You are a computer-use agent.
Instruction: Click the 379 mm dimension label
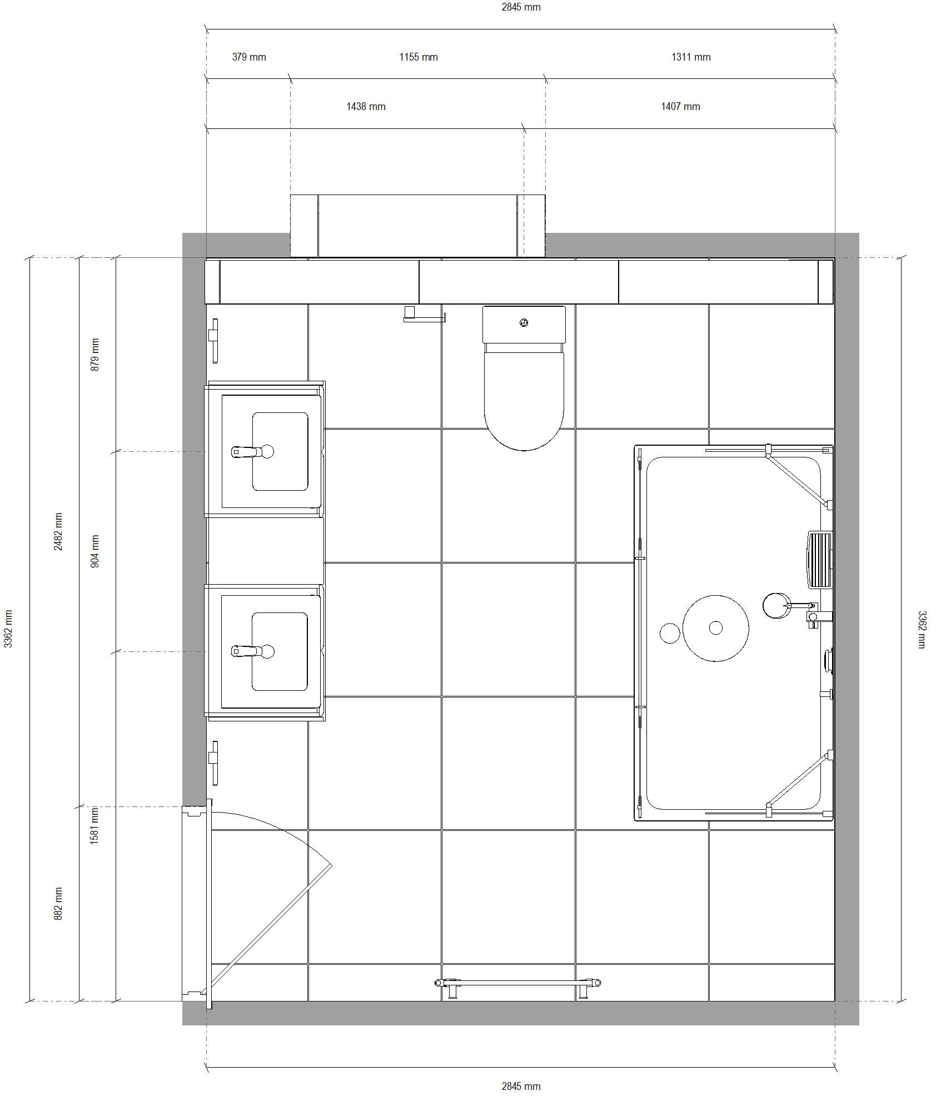[249, 57]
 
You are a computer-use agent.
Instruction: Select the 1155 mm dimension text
[419, 57]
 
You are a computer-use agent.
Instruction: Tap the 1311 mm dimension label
[691, 57]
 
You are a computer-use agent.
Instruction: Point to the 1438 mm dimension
[366, 107]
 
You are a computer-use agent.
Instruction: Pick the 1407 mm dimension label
[680, 107]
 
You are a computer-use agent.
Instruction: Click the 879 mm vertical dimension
[94, 355]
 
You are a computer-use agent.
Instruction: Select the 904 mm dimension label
[94, 551]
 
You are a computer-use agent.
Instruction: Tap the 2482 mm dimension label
[58, 532]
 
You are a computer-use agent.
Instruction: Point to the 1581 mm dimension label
[94, 826]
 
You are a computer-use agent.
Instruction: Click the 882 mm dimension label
[58, 904]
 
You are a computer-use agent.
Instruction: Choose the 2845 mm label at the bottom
[521, 1086]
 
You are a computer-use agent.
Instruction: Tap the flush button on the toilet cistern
[524, 322]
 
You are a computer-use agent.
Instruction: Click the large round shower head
[715, 628]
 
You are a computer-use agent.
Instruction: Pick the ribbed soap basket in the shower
[819, 560]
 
